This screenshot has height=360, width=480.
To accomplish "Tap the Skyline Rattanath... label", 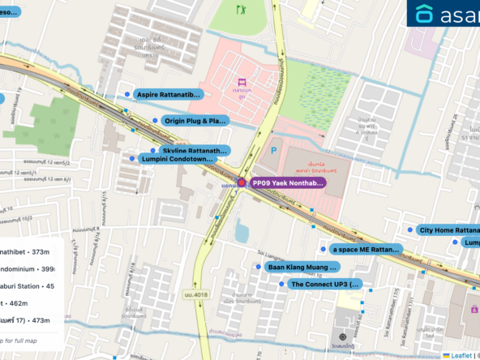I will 195,151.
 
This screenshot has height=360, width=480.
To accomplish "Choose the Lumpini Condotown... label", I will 176,159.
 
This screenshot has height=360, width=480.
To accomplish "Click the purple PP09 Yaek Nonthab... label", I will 288,183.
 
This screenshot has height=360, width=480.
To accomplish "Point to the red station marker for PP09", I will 241,183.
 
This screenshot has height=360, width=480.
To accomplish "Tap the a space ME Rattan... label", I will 366,249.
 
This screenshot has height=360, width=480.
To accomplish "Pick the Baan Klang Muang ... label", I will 311,267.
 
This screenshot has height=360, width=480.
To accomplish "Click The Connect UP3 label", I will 324,285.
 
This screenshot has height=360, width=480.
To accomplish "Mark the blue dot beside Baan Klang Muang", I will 259,267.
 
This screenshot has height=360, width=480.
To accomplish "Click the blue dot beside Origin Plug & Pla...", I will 155,121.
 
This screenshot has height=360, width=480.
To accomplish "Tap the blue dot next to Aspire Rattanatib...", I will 126,95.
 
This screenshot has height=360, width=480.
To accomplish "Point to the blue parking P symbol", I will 273,150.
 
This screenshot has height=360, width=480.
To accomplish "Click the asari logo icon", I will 424,15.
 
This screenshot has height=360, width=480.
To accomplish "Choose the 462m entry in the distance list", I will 15,302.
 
